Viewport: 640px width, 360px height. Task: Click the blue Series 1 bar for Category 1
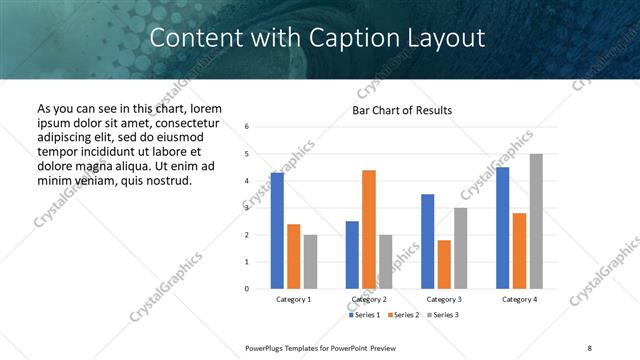click(277, 231)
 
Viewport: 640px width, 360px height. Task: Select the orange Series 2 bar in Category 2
click(369, 230)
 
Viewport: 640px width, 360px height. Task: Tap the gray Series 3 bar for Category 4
click(536, 221)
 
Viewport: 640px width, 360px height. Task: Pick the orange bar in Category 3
click(444, 264)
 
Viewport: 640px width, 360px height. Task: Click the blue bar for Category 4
click(502, 228)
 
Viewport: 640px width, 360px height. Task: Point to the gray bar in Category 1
click(311, 262)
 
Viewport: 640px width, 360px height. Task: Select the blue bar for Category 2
click(352, 255)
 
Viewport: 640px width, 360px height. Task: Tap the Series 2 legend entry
click(402, 315)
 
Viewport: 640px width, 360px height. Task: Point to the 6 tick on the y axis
click(247, 127)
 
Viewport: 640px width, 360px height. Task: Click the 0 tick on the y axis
click(247, 289)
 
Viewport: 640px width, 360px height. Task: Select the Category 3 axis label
click(444, 299)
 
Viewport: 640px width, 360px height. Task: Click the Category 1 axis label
click(294, 299)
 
